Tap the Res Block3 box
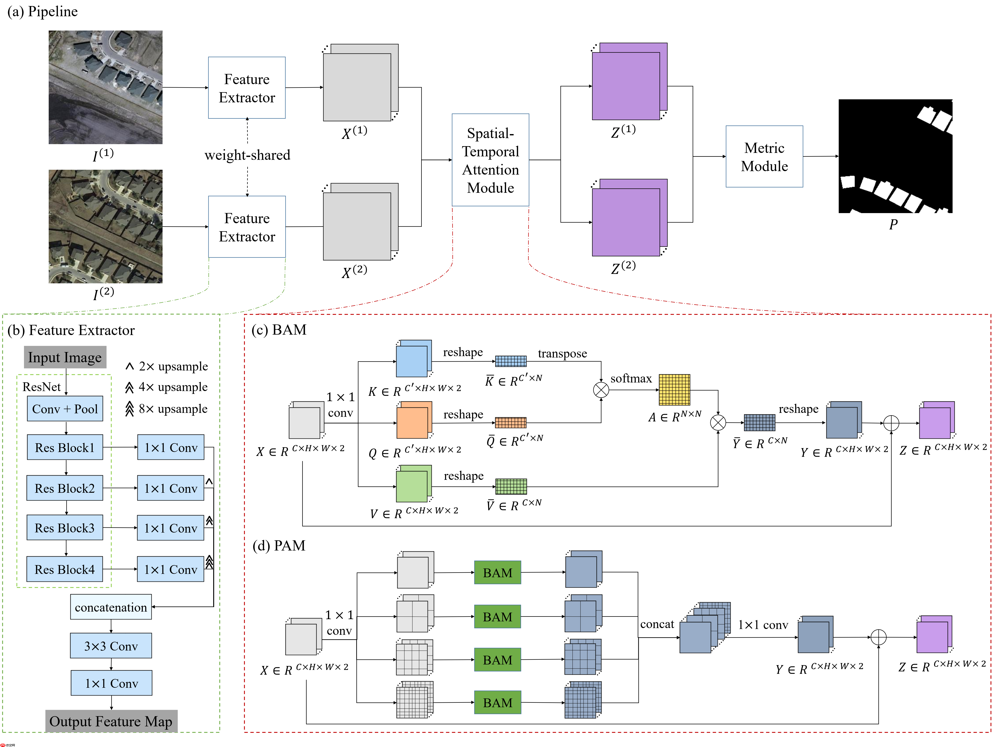(x=65, y=528)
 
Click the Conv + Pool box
(x=65, y=409)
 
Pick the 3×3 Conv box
(x=111, y=646)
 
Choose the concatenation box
(x=111, y=607)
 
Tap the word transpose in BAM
(x=563, y=353)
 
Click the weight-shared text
(x=247, y=155)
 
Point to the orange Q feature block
(x=414, y=421)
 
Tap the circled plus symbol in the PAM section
(x=878, y=637)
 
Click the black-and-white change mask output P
(x=895, y=156)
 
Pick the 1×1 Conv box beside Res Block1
(x=171, y=447)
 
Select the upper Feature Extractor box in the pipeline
(x=247, y=88)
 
